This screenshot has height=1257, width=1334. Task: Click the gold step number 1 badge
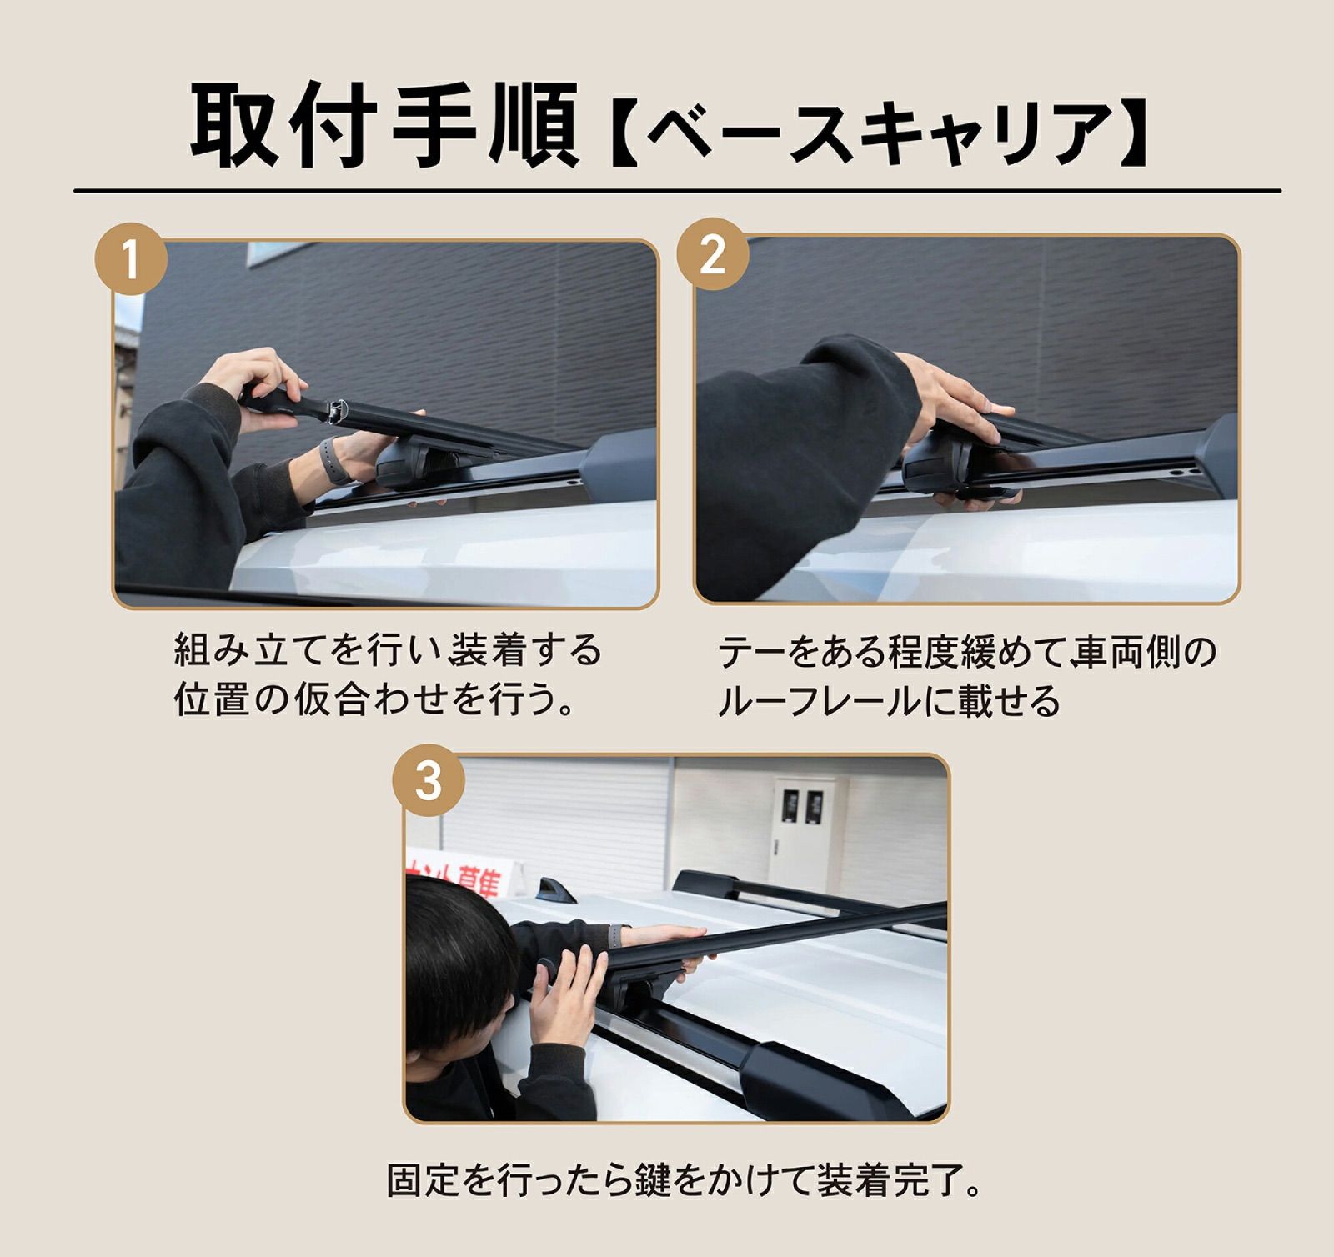(x=132, y=259)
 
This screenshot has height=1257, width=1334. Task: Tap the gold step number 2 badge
(x=711, y=254)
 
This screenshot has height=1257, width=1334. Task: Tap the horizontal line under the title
(x=677, y=191)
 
